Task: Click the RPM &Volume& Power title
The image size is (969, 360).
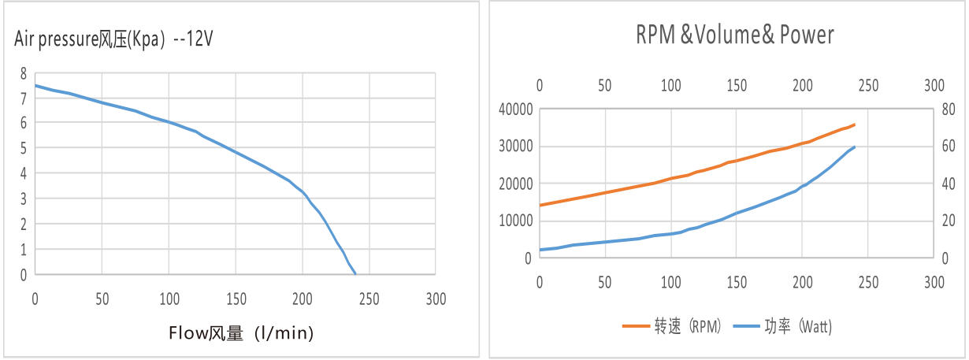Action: [x=734, y=35]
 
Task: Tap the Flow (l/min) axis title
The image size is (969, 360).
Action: [x=240, y=333]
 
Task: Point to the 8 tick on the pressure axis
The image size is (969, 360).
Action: [x=23, y=72]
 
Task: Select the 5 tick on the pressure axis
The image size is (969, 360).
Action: [x=23, y=148]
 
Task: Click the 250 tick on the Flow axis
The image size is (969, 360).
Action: [x=369, y=299]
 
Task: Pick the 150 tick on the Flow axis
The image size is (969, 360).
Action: [x=236, y=299]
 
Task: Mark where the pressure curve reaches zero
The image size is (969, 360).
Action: [x=355, y=273]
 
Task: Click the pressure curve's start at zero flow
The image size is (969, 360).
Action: [x=35, y=85]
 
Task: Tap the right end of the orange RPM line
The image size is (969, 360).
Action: [x=855, y=124]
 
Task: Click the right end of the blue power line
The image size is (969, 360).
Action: [x=855, y=147]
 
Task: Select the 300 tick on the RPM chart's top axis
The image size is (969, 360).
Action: [x=934, y=84]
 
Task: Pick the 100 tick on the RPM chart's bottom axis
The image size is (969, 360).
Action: [x=670, y=281]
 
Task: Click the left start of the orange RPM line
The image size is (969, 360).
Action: [x=540, y=205]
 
